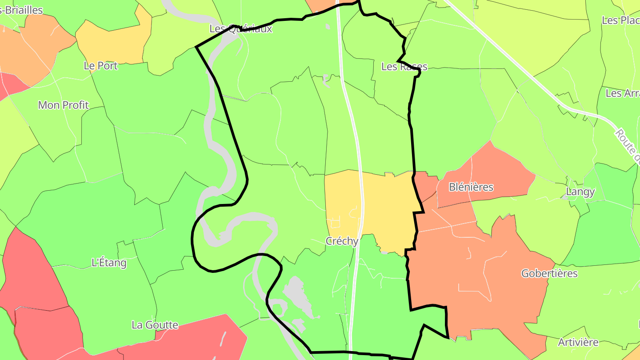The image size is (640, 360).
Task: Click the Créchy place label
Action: [x=342, y=241]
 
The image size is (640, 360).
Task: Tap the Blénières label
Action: [x=471, y=187]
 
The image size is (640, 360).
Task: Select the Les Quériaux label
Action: [x=240, y=29]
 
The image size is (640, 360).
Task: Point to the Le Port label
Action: [x=101, y=66]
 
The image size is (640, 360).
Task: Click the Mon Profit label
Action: [x=64, y=105]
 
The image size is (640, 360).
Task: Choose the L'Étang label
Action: [x=109, y=263]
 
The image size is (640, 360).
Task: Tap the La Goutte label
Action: [x=155, y=325]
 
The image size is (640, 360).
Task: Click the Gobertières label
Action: [x=549, y=273]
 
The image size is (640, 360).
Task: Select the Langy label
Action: [x=580, y=192]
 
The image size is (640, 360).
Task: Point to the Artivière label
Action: [x=578, y=343]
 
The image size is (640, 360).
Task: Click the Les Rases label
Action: [x=404, y=67]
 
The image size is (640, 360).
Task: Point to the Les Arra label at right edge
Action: [x=622, y=93]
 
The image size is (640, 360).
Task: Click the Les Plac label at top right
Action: [x=620, y=20]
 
